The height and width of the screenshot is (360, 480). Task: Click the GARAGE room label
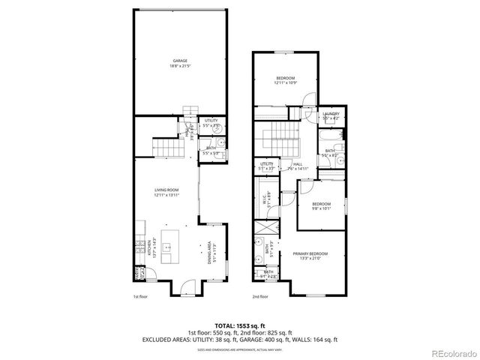179,64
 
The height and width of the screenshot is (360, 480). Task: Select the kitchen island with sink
165,246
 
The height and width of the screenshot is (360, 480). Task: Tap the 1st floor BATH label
211,151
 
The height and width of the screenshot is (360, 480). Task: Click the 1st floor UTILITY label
211,121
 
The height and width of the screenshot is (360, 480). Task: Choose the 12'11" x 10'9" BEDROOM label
285,80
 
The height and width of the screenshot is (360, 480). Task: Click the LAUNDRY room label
331,115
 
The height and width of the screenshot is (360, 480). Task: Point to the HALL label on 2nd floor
298,166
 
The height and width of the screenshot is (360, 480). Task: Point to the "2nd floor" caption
259,297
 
